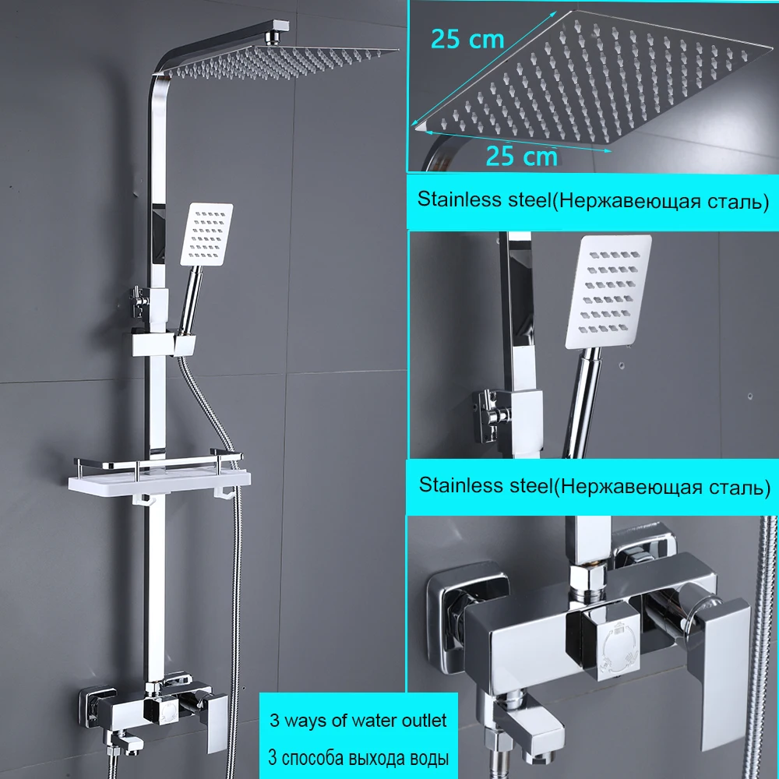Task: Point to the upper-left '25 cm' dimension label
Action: point(467,39)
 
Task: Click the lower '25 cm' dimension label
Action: point(522,156)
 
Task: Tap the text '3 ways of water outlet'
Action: point(358,721)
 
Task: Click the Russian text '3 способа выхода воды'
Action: point(358,758)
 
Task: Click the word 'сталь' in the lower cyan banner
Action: point(736,488)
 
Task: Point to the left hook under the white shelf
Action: point(143,499)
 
